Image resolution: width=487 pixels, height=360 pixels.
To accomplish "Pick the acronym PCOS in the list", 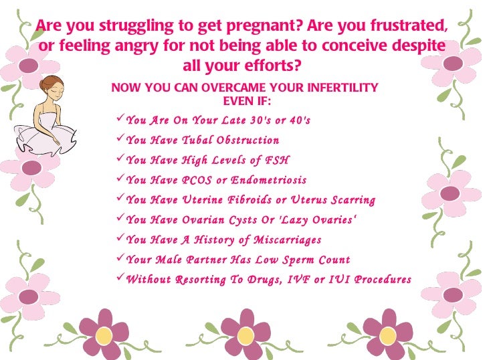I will (199, 180).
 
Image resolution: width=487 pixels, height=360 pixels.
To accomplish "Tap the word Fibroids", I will (247, 200).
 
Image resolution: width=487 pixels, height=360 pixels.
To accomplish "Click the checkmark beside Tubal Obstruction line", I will (120, 139).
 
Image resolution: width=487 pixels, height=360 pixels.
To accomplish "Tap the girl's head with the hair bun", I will (48, 88).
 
